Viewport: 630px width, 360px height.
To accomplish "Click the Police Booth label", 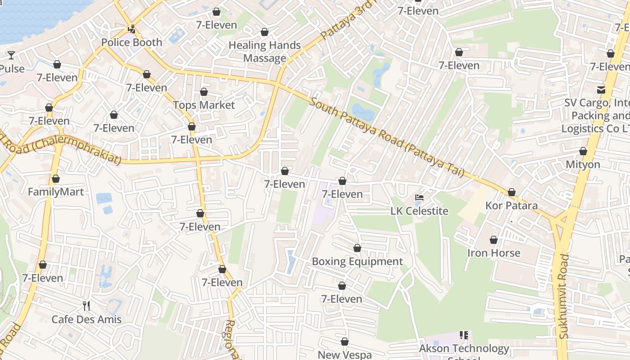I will click(131, 42).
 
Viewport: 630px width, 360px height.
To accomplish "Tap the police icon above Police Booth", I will click(131, 29).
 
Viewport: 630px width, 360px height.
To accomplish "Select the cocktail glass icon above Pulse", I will click(11, 55).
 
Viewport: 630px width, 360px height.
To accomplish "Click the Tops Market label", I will click(204, 105).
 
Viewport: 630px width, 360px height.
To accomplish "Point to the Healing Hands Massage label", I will click(265, 52).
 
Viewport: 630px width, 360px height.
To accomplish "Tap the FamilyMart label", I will click(56, 192).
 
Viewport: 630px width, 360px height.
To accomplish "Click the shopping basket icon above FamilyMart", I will click(56, 179).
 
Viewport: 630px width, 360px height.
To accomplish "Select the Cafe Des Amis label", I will click(86, 319).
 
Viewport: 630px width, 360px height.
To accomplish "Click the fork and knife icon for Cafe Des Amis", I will click(86, 306).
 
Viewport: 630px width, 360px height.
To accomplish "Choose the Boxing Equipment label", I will click(357, 261).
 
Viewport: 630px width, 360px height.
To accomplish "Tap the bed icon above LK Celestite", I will click(419, 198).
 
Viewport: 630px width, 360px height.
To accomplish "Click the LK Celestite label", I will click(419, 211).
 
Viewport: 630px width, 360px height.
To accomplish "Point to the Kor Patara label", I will click(511, 206).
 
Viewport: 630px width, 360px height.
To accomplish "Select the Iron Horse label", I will click(494, 253).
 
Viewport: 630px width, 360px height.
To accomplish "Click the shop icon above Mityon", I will click(583, 152).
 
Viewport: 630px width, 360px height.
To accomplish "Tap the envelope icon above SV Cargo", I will click(601, 90).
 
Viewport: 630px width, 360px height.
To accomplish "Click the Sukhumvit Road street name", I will click(564, 297).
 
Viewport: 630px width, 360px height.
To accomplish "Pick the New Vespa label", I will click(345, 355).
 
